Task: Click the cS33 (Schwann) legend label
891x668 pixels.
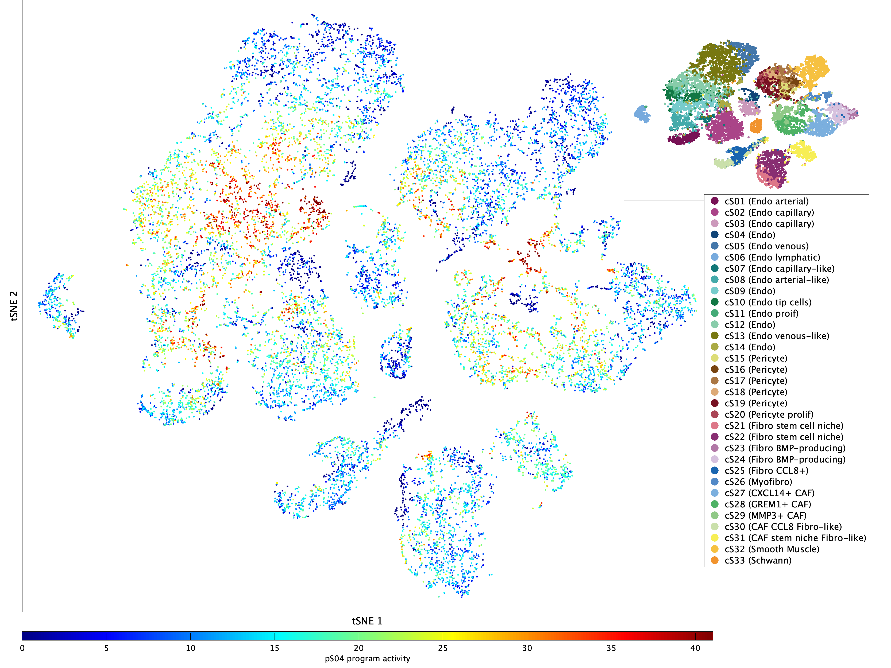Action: tap(758, 561)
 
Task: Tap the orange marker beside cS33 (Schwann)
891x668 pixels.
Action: tap(715, 561)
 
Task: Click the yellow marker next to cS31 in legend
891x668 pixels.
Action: tap(715, 538)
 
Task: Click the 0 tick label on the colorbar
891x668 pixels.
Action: tap(22, 648)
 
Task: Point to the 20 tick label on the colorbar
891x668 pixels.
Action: tap(358, 648)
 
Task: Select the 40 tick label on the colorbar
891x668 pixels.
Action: tap(695, 648)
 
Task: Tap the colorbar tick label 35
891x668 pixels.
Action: tap(611, 648)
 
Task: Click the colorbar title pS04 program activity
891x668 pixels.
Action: tap(367, 659)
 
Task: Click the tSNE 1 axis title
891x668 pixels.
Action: tap(367, 621)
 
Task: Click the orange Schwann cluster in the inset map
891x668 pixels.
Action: tap(756, 126)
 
